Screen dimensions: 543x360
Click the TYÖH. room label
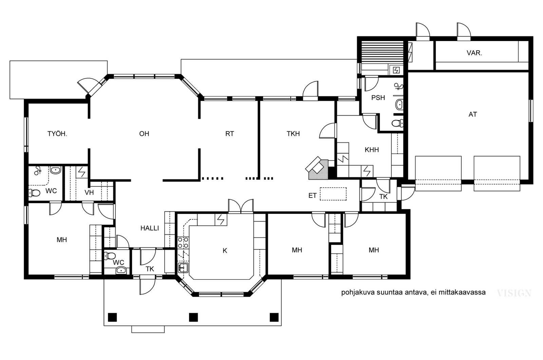pos(57,134)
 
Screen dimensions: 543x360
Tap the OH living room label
pos(144,134)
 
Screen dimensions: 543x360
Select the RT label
pos(229,134)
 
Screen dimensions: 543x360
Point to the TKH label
pos(293,134)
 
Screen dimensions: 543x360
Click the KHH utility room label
pos(372,150)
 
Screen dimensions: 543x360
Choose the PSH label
pos(378,97)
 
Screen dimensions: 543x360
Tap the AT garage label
pos(472,114)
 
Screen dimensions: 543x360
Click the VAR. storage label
pos(474,53)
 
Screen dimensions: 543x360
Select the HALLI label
pos(150,228)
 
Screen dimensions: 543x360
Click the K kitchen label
pos(225,251)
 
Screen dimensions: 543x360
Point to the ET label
pos(312,195)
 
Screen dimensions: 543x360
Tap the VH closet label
pos(89,192)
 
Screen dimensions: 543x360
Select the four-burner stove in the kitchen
pos(183,242)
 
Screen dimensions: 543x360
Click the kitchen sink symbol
pos(183,268)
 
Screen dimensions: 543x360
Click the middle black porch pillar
pos(193,317)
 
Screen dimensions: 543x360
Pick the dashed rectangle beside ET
pos(333,194)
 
